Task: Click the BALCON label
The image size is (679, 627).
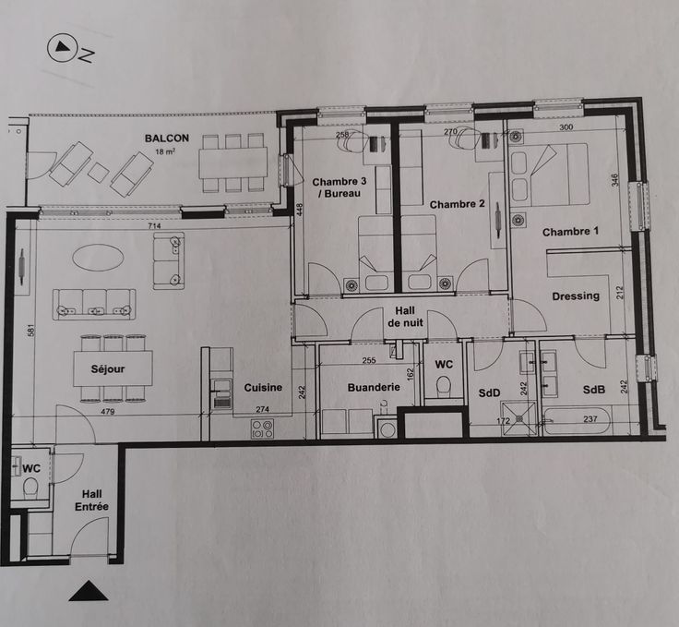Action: point(167,139)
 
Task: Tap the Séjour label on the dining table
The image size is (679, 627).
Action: point(108,369)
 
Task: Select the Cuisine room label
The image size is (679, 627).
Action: point(263,388)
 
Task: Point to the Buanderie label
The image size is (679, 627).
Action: point(374,387)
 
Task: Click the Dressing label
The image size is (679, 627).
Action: point(576,296)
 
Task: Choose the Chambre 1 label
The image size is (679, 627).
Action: point(570,232)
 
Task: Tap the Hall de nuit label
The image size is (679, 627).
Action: point(405,317)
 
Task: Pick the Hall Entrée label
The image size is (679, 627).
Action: point(92,500)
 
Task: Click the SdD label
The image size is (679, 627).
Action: point(489,393)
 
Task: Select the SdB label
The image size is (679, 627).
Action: point(594,390)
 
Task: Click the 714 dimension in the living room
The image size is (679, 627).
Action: point(154,225)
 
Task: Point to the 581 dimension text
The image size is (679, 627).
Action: point(30,332)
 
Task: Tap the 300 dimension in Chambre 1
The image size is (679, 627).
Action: point(566,127)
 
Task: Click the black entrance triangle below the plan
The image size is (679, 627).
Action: point(89,591)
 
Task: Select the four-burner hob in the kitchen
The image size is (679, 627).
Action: point(262,429)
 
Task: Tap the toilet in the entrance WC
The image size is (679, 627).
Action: point(31,487)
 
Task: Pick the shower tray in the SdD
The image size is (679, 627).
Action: point(518,418)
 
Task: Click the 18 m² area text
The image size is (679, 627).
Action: point(165,151)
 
